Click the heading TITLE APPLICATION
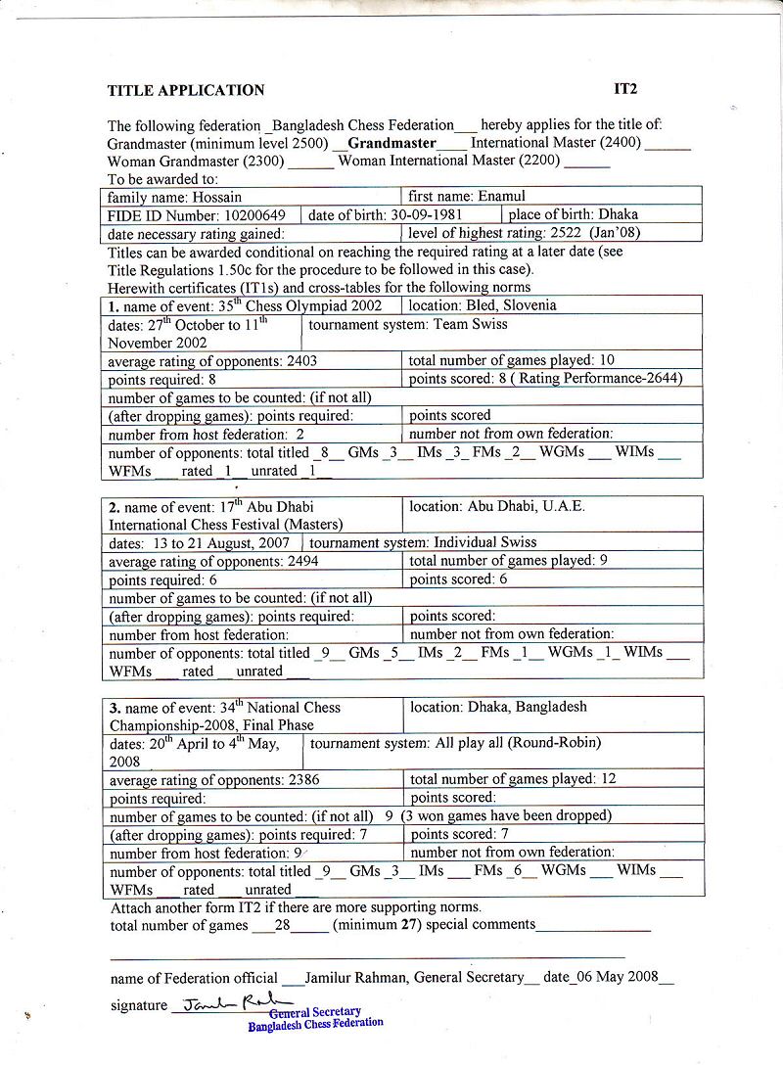pyautogui.click(x=186, y=91)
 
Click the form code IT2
pyautogui.click(x=625, y=89)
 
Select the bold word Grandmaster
pyautogui.click(x=391, y=143)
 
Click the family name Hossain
pyautogui.click(x=220, y=197)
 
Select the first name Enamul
pyautogui.click(x=502, y=197)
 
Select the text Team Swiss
pyautogui.click(x=472, y=324)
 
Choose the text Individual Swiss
pyautogui.click(x=484, y=542)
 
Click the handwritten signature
pyautogui.click(x=219, y=1003)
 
